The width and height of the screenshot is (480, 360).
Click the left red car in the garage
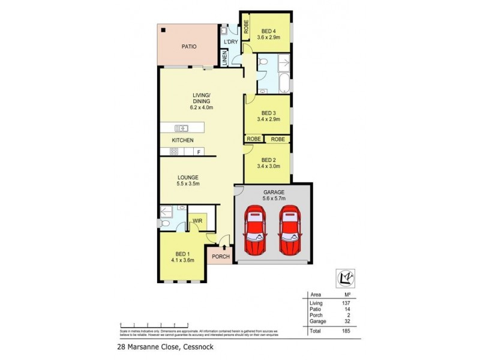click(x=254, y=231)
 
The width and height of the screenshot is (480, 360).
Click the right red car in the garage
click(x=290, y=231)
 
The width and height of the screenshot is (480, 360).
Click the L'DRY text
click(x=231, y=43)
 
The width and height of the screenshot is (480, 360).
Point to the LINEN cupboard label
click(x=225, y=59)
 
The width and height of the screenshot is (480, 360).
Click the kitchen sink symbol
click(x=181, y=128)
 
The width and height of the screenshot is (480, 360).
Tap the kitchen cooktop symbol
click(x=173, y=152)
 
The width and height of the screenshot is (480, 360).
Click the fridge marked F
click(x=199, y=152)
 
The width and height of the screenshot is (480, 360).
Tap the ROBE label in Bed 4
click(x=245, y=28)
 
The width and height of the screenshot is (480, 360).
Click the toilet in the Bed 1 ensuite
click(x=165, y=223)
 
